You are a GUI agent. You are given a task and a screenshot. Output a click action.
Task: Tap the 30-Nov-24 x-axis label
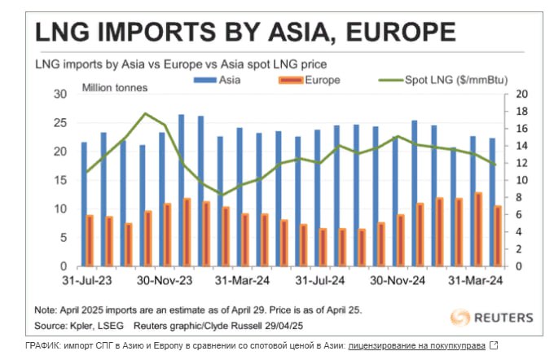pos(399,282)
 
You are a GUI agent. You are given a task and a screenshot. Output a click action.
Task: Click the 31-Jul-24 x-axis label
pos(321,282)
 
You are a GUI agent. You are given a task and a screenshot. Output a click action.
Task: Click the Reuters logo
pos(492,317)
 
